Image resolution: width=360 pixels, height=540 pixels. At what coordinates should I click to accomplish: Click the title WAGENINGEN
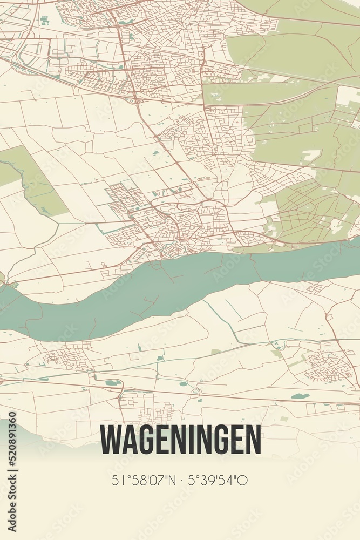(180, 440)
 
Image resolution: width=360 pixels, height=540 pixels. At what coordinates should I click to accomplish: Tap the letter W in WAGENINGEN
(111, 440)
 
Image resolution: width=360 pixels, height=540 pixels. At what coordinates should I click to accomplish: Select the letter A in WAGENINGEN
(130, 440)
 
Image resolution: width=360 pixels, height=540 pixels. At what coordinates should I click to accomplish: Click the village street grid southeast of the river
(328, 366)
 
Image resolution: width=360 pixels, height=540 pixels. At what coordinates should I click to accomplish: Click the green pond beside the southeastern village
(300, 396)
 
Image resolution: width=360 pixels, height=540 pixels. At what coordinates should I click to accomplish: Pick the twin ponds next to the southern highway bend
(113, 383)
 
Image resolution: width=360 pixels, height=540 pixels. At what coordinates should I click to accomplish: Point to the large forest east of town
(302, 135)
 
